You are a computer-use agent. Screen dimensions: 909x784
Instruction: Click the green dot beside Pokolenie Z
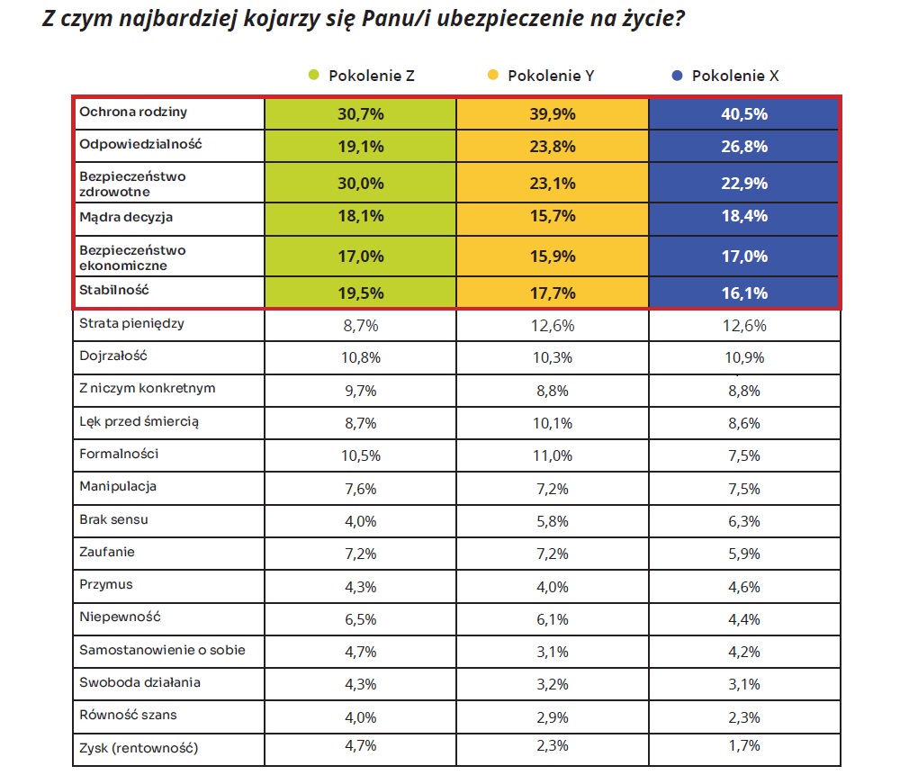click(313, 75)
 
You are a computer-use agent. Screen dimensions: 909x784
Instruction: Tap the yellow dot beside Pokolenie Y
click(493, 75)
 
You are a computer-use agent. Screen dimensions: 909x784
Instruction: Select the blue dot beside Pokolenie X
click(677, 76)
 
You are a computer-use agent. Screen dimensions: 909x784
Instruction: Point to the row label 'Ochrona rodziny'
click(133, 112)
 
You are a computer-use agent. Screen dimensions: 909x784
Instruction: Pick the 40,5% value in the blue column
click(744, 113)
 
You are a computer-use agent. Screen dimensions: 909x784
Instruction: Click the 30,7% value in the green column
click(361, 113)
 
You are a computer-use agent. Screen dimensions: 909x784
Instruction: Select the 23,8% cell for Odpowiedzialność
click(553, 146)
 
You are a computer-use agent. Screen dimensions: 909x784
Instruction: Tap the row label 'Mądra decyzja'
click(126, 218)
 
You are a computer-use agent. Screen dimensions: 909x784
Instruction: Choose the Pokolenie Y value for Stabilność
click(553, 293)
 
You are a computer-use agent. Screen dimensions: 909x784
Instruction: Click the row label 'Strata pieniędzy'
click(131, 323)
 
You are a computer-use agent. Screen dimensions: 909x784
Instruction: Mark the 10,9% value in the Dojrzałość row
click(744, 357)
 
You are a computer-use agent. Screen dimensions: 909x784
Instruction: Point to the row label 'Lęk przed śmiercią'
click(139, 421)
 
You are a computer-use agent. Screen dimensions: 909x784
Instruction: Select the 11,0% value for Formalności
click(553, 455)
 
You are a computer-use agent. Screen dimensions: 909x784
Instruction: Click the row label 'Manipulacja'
click(118, 487)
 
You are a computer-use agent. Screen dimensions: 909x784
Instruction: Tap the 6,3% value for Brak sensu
click(744, 521)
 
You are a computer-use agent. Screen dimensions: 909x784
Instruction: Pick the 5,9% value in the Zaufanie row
click(744, 554)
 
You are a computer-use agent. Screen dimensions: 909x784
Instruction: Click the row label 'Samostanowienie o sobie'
click(162, 650)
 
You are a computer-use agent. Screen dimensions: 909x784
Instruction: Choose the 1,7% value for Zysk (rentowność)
click(744, 745)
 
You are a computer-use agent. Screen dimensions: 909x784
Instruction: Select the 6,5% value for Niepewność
click(361, 619)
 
